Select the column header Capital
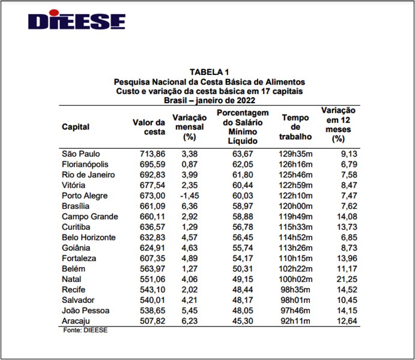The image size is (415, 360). coord(76,127)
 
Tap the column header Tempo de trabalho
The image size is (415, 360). coord(295,127)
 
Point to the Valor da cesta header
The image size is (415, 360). coord(149,127)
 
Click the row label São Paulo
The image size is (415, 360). coord(82,154)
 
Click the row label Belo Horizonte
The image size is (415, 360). coord(89,237)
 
